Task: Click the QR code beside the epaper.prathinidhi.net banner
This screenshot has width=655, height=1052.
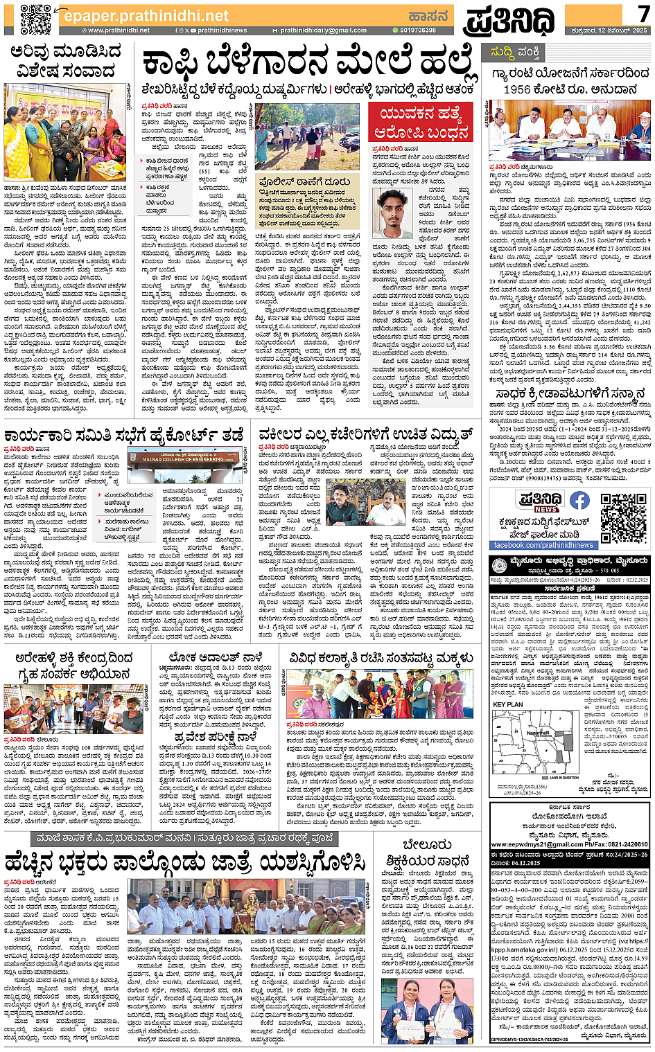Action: [35, 20]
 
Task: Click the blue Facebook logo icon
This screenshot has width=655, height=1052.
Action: [579, 501]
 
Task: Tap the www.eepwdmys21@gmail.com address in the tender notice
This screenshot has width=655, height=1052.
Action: [534, 845]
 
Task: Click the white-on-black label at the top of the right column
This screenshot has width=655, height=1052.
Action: [512, 52]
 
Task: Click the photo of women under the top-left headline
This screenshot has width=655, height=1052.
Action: [64, 133]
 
